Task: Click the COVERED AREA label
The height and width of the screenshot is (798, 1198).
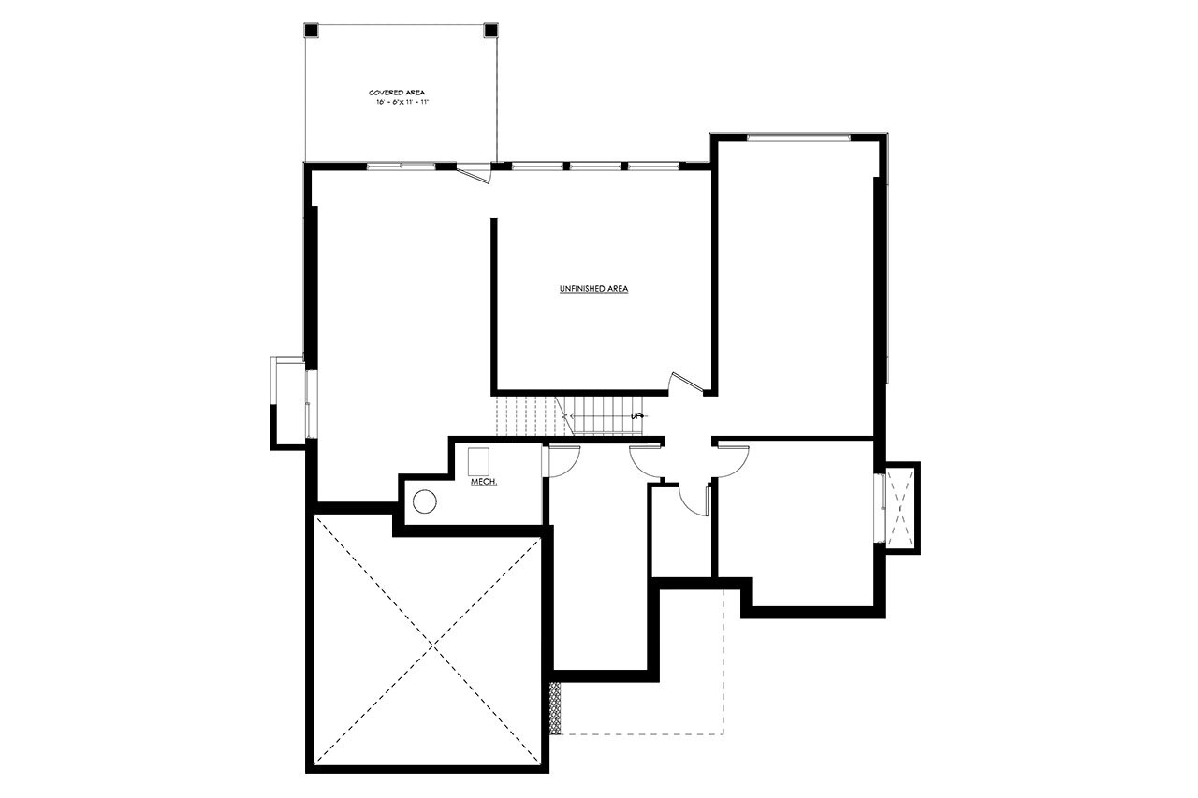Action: (397, 93)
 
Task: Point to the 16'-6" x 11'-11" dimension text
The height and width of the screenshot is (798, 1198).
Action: (402, 102)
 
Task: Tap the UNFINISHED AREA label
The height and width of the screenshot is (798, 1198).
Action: (593, 289)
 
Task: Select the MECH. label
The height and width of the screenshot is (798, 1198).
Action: (483, 482)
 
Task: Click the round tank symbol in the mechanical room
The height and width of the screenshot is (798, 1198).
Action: (425, 502)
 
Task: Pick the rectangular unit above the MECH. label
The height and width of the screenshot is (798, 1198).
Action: (479, 460)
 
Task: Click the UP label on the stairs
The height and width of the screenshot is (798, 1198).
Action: (637, 415)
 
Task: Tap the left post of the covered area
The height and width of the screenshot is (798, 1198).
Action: (312, 30)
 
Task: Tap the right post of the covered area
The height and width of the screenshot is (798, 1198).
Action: (490, 30)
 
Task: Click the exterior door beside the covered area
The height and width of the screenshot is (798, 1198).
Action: (474, 173)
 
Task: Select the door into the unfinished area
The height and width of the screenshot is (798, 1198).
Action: (684, 381)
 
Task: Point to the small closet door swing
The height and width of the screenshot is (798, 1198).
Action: (694, 501)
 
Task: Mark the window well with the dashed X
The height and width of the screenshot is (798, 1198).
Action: (901, 508)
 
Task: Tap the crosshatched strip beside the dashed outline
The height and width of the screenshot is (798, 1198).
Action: (555, 707)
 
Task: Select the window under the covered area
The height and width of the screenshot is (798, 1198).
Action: (401, 167)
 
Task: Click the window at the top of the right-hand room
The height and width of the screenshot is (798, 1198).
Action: (798, 138)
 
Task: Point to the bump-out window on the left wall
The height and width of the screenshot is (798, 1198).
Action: (310, 403)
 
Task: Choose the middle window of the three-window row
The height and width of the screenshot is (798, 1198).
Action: (596, 167)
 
